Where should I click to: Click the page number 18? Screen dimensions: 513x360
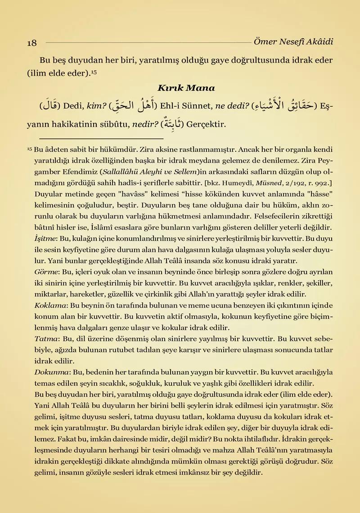pyautogui.click(x=31, y=43)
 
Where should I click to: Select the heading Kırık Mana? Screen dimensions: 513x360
pyautogui.click(x=186, y=88)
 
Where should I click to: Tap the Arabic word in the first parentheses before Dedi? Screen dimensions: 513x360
pyautogui.click(x=51, y=107)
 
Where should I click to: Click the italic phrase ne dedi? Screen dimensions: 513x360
pyautogui.click(x=232, y=107)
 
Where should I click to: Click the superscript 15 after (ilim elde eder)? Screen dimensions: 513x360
pyautogui.click(x=94, y=71)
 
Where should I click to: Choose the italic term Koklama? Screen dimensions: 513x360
pyautogui.click(x=49, y=305)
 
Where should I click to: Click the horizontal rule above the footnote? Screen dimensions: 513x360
pyautogui.click(x=101, y=138)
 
